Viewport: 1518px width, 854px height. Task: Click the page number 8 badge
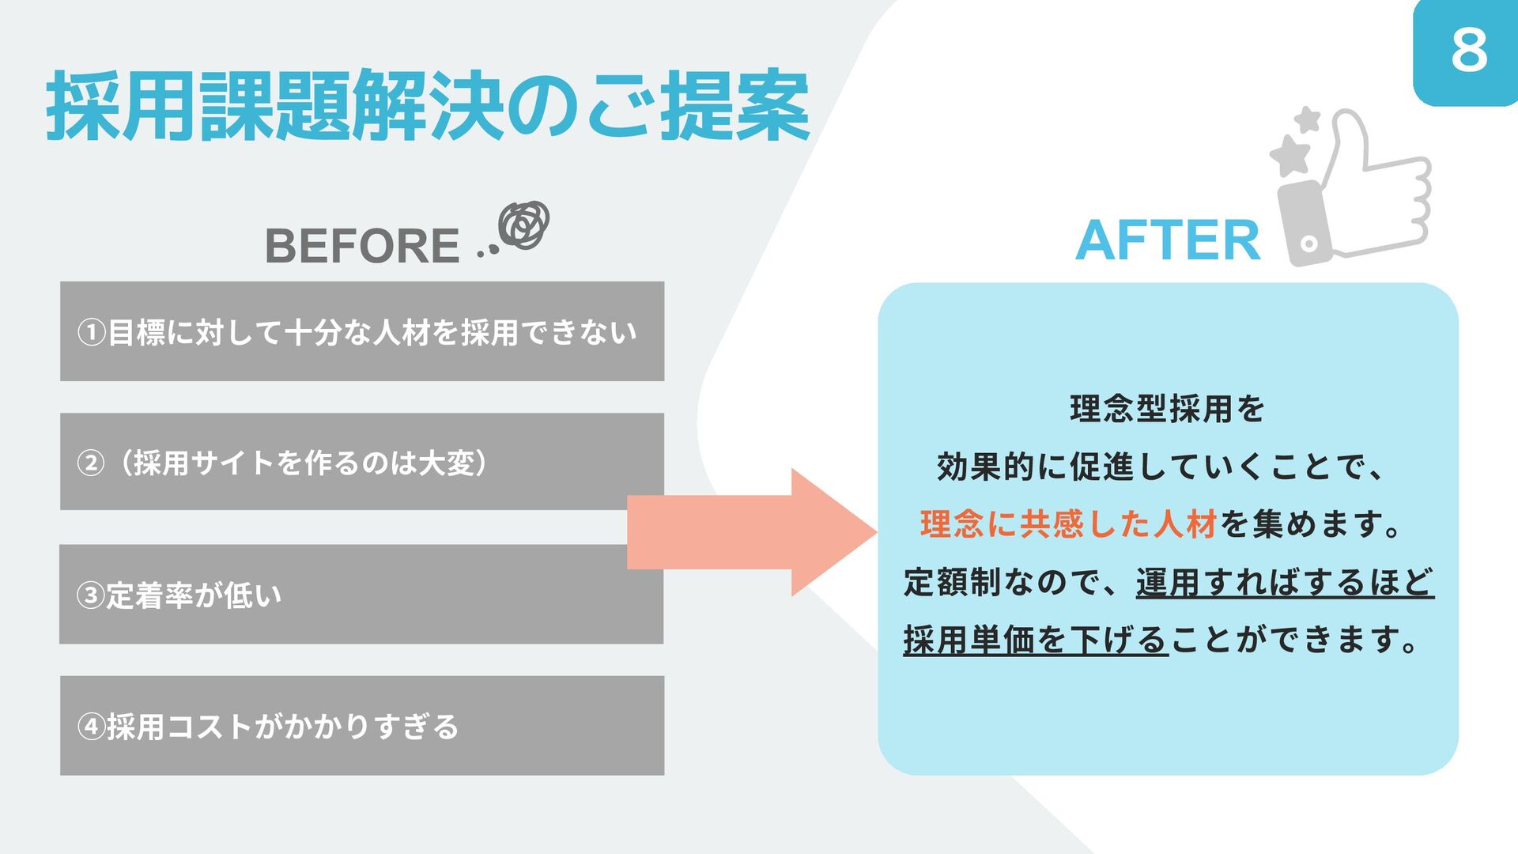1468,51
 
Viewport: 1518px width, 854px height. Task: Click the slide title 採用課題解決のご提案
428,106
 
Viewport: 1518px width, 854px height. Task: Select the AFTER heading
1167,240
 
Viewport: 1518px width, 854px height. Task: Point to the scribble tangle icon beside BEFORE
524,225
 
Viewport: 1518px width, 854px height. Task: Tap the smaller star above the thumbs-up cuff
1308,120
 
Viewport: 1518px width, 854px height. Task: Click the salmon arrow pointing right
751,531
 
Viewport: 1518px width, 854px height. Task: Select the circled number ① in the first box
92,332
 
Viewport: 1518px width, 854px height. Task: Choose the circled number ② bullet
91,463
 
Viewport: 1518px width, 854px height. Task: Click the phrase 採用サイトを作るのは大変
304,463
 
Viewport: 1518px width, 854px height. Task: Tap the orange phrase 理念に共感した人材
1068,524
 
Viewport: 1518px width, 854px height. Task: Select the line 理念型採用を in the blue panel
1167,410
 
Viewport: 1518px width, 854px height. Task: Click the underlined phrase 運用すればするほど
1285,583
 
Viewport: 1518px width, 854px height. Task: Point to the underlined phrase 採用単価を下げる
1036,640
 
